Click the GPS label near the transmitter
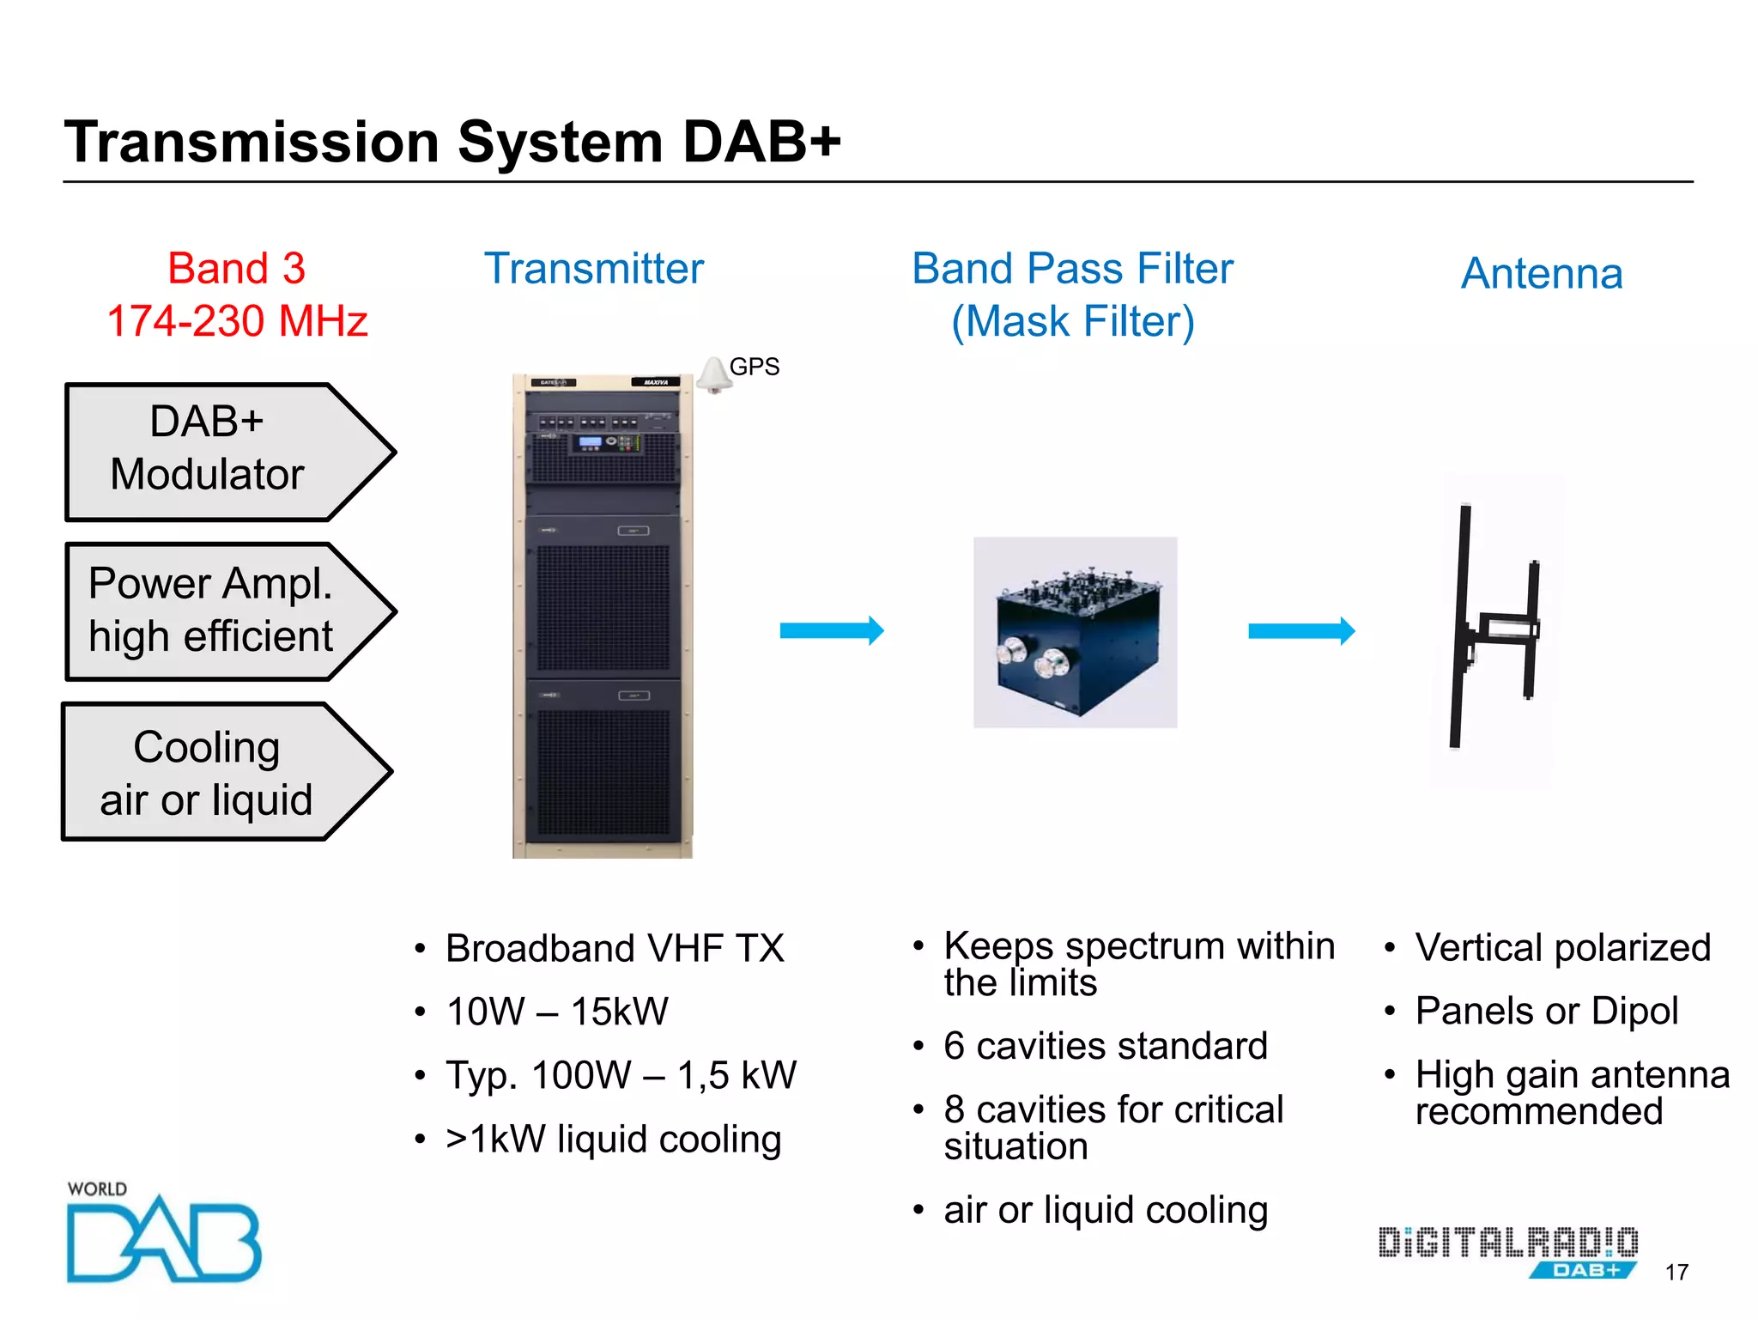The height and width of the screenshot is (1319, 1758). [x=754, y=367]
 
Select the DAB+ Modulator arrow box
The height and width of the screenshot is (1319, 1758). [x=215, y=452]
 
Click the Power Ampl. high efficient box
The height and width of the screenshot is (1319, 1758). [x=215, y=611]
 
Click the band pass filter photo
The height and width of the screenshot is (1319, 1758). [x=1075, y=632]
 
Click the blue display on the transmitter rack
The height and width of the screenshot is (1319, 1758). [x=591, y=442]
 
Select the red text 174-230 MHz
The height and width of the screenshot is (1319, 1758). [x=237, y=321]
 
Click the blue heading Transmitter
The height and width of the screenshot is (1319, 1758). [x=593, y=269]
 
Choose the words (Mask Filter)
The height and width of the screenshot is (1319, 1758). [x=1072, y=322]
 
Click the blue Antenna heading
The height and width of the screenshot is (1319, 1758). [x=1541, y=274]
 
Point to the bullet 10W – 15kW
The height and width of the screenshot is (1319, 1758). [x=556, y=1012]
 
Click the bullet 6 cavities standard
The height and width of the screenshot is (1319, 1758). [x=1105, y=1046]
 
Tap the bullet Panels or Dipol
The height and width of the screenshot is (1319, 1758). [x=1546, y=1011]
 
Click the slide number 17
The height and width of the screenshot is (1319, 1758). [x=1676, y=1272]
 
